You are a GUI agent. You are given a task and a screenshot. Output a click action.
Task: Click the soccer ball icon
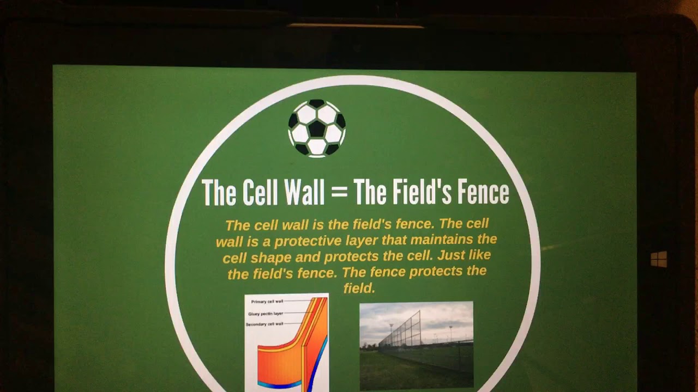[317, 128]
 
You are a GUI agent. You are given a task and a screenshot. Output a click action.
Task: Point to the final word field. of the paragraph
[359, 288]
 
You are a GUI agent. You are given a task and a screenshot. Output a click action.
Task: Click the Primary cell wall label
[267, 302]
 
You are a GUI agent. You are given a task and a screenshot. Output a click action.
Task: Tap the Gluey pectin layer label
[266, 314]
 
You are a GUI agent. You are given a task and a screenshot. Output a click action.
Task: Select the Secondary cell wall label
[264, 324]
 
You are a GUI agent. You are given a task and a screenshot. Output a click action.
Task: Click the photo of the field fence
[416, 345]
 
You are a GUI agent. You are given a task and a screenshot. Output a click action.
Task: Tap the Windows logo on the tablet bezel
[659, 259]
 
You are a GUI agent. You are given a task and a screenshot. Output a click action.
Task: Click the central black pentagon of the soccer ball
[317, 128]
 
